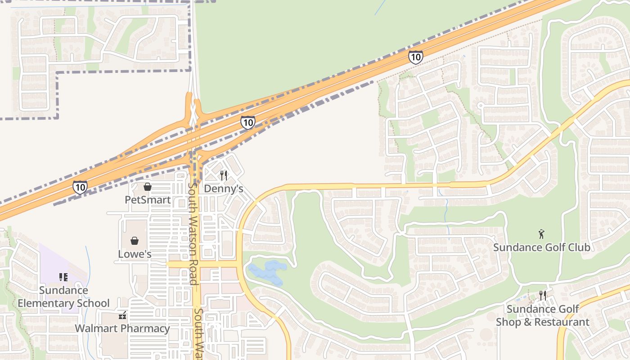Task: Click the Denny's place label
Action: (224, 189)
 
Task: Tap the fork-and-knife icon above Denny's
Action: (224, 175)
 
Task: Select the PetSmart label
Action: (148, 200)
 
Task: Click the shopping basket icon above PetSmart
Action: (148, 187)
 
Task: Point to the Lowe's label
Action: (135, 254)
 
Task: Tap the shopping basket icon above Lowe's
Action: (135, 241)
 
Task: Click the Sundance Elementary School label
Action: (63, 297)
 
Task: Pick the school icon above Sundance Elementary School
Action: (63, 277)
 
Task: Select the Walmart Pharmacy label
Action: (122, 328)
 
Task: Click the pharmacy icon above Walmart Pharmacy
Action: (122, 315)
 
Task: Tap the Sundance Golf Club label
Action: (542, 247)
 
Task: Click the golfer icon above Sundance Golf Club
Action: (542, 234)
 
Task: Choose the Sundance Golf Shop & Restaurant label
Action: (543, 315)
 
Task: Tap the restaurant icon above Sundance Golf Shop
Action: (543, 296)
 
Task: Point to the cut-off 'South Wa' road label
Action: (198, 333)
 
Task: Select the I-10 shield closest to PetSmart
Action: (80, 187)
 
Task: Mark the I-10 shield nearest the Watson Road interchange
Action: (247, 122)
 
